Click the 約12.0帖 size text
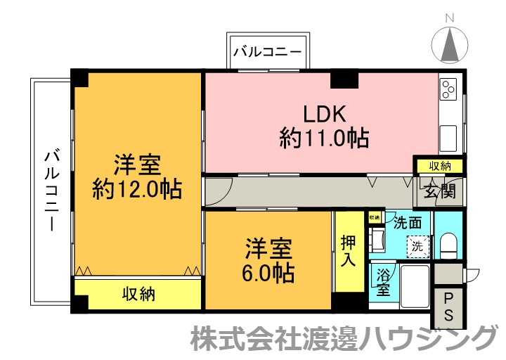pos(138,188)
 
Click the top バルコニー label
pos(267,51)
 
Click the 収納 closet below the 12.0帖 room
pos(138,294)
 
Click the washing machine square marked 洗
pos(417,247)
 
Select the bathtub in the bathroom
pos(415,286)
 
